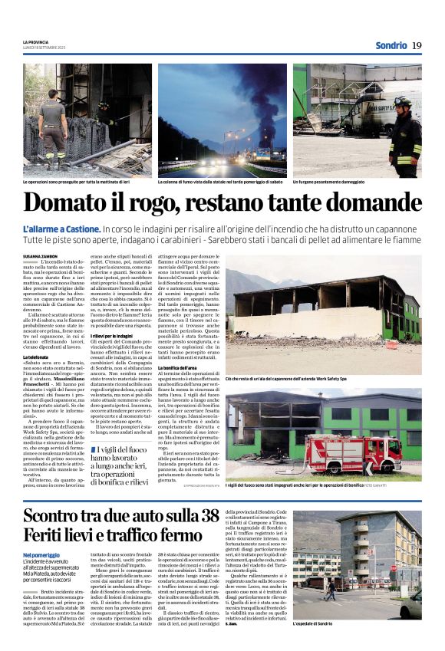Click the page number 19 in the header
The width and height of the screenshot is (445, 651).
[x=417, y=45]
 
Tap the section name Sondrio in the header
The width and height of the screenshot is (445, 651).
[x=391, y=45]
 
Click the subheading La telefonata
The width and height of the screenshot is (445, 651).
[x=37, y=358]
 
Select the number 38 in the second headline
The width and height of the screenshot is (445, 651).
[x=203, y=515]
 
